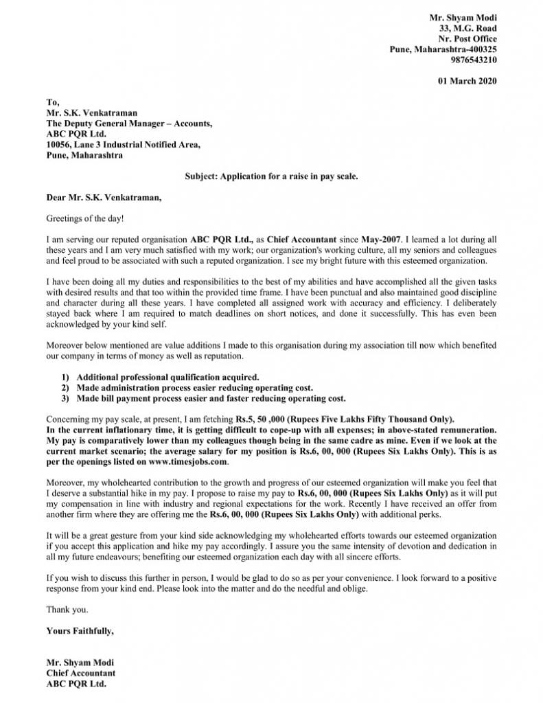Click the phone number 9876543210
[474, 60]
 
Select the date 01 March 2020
[467, 81]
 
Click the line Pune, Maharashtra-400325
[443, 49]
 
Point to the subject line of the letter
[271, 176]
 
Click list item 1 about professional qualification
[167, 377]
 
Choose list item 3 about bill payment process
[211, 398]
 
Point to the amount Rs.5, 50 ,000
[264, 419]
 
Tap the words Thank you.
[67, 609]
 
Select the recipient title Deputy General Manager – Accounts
[129, 124]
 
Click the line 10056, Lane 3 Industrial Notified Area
[124, 145]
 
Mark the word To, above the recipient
[52, 102]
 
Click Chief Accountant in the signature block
[80, 673]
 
